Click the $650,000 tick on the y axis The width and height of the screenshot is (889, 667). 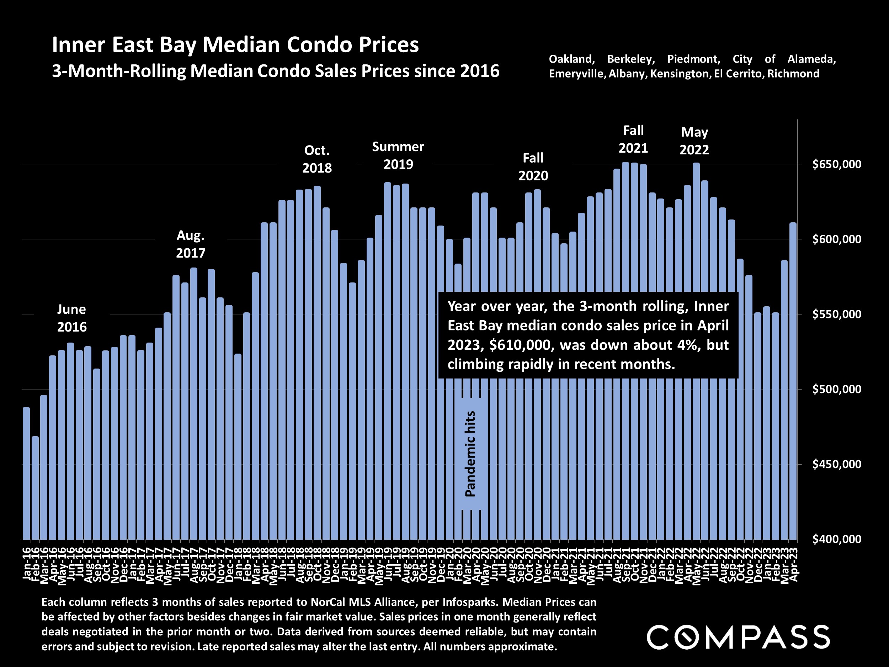pyautogui.click(x=836, y=164)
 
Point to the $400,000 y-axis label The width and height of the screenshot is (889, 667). pyautogui.click(x=836, y=539)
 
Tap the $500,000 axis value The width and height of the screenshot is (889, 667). pyautogui.click(x=836, y=389)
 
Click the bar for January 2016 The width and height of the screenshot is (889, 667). pyautogui.click(x=26, y=475)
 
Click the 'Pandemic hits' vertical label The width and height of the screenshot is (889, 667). pyautogui.click(x=470, y=454)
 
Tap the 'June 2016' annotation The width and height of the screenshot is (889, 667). pyautogui.click(x=71, y=318)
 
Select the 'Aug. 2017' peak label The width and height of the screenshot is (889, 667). pyautogui.click(x=191, y=244)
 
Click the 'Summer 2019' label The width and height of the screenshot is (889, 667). pyautogui.click(x=398, y=155)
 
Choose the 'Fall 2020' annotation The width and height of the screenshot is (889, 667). pyautogui.click(x=533, y=167)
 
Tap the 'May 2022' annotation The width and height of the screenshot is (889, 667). pyautogui.click(x=694, y=141)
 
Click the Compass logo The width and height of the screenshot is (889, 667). pyautogui.click(x=738, y=637)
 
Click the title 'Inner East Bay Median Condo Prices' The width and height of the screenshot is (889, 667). pyautogui.click(x=235, y=44)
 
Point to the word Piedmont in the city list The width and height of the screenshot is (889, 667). pyautogui.click(x=694, y=59)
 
